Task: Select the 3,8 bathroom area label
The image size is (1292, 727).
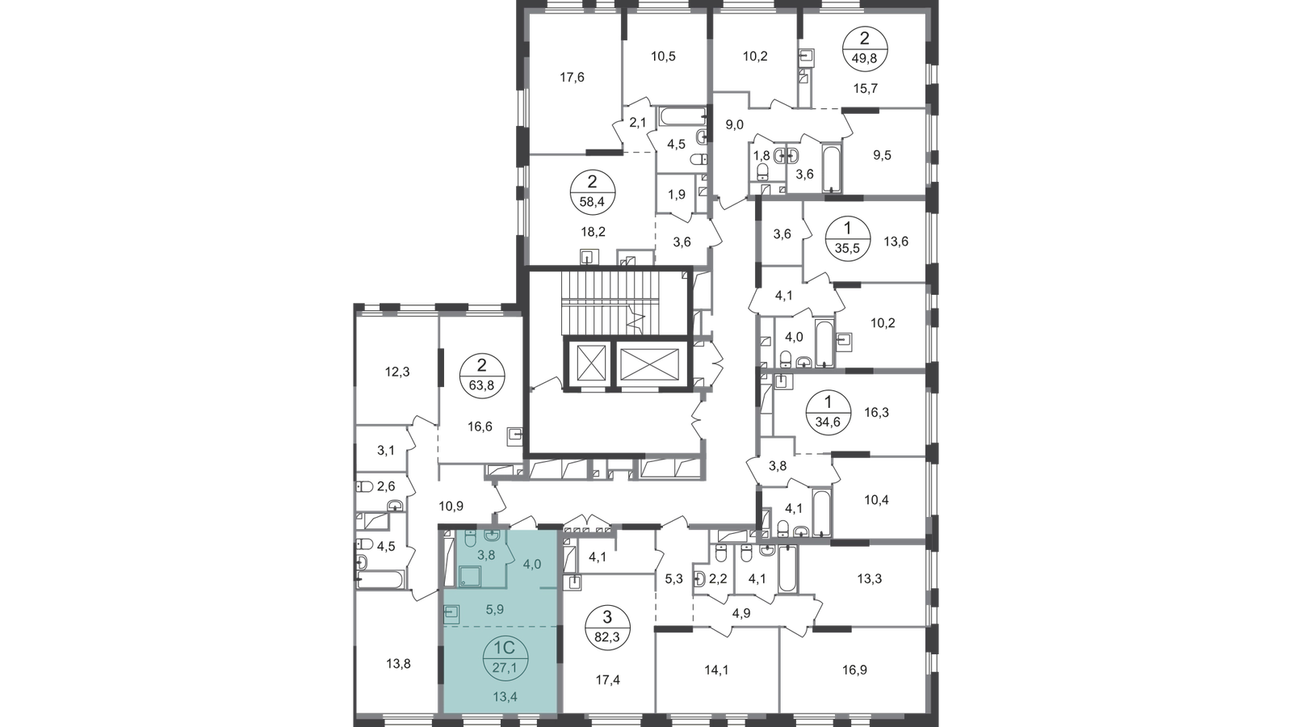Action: (x=486, y=555)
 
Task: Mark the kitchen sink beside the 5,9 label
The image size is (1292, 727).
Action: (x=451, y=612)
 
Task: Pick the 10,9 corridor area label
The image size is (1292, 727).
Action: (x=451, y=506)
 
